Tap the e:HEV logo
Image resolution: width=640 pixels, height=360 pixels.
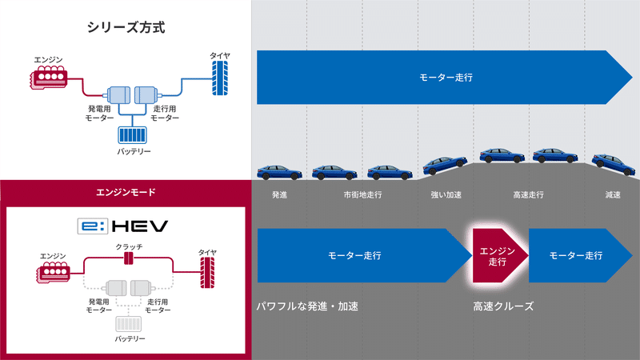click(x=123, y=226)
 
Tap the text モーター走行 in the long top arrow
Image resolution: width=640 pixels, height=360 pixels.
click(x=446, y=78)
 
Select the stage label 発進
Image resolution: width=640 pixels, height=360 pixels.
click(x=279, y=194)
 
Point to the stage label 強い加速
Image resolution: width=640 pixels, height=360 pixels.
click(x=446, y=194)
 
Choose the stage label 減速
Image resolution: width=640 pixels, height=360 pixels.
click(x=614, y=194)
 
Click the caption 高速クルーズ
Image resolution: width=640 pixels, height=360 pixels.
click(x=502, y=306)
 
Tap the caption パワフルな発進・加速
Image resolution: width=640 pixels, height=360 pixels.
click(x=307, y=306)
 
